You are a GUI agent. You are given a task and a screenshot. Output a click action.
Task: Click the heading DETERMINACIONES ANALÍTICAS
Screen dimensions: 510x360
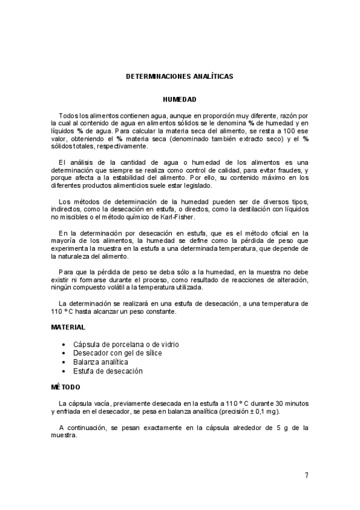point(180,76)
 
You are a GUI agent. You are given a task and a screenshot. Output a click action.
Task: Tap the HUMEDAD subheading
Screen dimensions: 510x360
point(180,99)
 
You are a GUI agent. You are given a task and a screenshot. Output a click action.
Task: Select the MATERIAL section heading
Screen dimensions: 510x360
point(67,327)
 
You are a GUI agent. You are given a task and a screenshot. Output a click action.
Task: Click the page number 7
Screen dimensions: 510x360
point(307,475)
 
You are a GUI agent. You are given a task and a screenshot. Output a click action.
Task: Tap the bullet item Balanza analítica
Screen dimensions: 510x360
point(100,362)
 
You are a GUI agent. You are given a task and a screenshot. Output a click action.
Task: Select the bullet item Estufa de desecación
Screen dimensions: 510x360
point(108,371)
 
